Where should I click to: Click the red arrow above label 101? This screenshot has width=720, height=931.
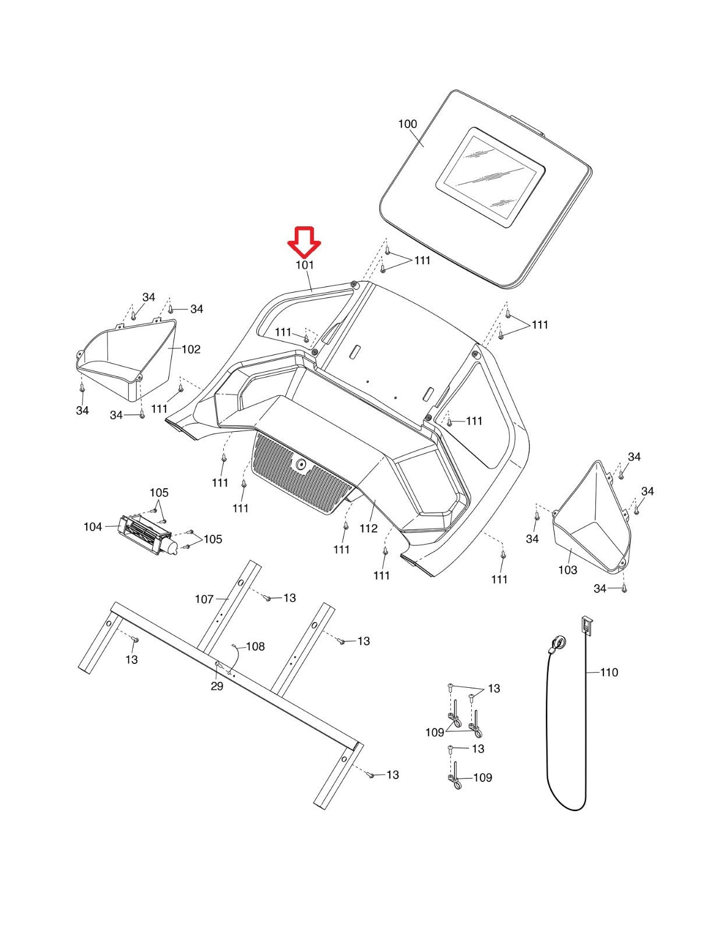[x=305, y=241]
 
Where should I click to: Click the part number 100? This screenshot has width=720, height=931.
[x=407, y=124]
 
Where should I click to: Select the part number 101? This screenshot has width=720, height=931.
[x=305, y=265]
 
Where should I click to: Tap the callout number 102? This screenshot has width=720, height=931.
[x=190, y=349]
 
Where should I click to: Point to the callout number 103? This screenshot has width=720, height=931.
[x=567, y=570]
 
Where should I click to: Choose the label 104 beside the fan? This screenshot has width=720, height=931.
[x=93, y=527]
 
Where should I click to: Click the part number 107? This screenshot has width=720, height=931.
[x=204, y=599]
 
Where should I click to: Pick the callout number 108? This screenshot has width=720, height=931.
[x=255, y=646]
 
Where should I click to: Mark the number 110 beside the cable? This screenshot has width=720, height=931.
[x=609, y=673]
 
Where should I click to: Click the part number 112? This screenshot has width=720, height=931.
[x=368, y=528]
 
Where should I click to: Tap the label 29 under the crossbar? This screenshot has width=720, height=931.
[x=217, y=687]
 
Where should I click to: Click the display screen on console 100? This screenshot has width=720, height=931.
[x=490, y=177]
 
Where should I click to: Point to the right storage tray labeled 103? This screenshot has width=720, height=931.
[x=591, y=524]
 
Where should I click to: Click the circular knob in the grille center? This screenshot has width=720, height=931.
[x=301, y=464]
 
